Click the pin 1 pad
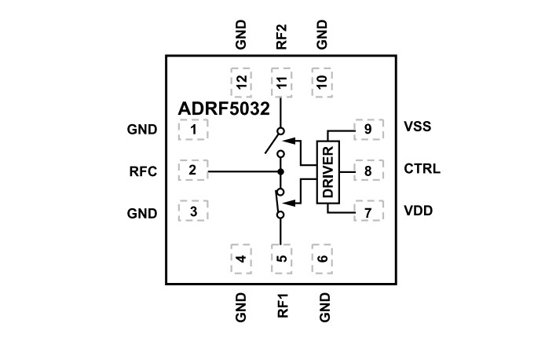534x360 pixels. [193, 129]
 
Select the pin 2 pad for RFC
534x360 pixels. [193, 170]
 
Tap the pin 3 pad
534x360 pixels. [193, 211]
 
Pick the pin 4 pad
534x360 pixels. [241, 257]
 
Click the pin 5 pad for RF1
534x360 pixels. [281, 257]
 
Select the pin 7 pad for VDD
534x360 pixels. [368, 211]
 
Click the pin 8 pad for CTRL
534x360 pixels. [368, 170]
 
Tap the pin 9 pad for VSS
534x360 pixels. [368, 129]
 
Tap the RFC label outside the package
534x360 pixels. [143, 170]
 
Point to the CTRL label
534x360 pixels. [422, 169]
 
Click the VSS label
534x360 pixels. [417, 127]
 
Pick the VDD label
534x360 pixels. [418, 211]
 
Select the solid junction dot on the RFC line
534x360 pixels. [280, 171]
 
